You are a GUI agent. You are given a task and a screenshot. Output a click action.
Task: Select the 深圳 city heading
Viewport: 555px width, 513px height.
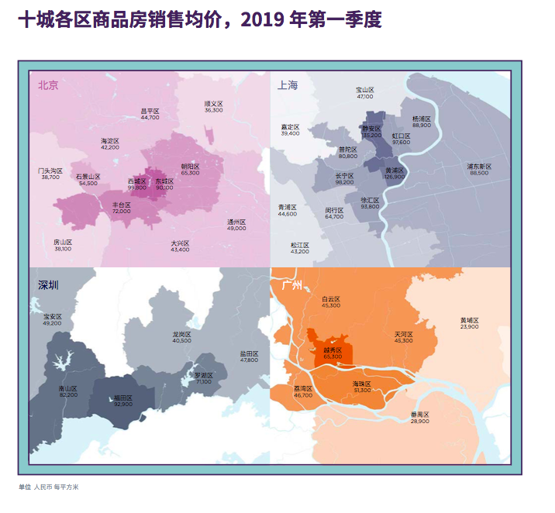48,284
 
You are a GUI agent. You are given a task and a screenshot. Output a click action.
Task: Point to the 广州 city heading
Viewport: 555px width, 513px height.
291,284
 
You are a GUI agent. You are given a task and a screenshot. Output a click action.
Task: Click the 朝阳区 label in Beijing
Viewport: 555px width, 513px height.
190,166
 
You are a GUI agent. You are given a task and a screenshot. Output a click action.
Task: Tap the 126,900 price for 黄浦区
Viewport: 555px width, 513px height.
394,176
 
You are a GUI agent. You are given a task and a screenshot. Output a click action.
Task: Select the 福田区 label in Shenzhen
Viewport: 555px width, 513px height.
122,398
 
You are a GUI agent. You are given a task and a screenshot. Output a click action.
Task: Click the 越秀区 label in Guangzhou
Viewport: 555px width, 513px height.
332,349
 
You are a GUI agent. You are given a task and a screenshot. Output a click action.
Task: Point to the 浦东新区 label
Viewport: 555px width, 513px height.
478,166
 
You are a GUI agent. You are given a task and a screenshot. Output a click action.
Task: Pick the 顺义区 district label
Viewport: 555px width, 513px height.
213,103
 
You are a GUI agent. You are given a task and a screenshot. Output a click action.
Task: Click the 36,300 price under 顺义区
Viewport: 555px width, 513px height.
213,110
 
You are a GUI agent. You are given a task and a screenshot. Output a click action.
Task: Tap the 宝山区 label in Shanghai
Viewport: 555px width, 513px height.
365,90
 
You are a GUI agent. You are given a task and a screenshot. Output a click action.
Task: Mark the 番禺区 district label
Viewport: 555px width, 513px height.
419,415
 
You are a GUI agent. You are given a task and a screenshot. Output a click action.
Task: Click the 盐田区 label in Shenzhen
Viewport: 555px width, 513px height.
249,353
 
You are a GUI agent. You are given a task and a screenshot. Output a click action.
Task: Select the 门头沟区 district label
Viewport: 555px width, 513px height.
50,170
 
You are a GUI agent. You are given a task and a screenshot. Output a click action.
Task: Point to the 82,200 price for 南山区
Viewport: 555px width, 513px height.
68,394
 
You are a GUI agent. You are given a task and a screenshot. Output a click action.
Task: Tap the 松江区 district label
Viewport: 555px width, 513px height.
299,245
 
